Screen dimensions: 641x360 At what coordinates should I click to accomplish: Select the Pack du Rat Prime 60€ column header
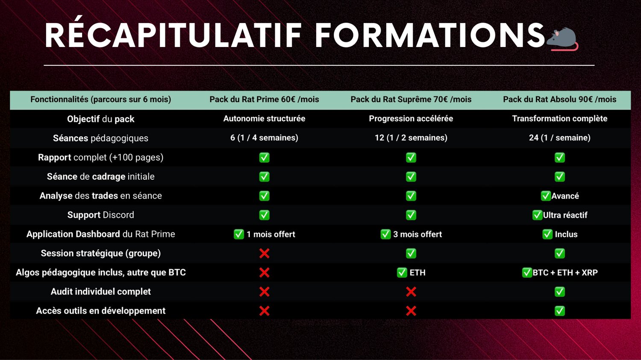(264, 100)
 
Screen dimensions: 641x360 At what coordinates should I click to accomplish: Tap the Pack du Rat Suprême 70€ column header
(411, 100)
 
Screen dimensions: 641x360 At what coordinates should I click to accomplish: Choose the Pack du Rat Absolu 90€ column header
(560, 100)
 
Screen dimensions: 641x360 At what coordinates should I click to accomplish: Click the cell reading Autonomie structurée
(264, 119)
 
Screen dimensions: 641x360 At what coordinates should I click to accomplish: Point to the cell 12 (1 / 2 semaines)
(411, 138)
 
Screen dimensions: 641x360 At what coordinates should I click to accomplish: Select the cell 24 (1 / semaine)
(560, 138)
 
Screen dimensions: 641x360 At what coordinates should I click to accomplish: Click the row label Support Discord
(100, 215)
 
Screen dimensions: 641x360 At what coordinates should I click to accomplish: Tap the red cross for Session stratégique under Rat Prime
(264, 253)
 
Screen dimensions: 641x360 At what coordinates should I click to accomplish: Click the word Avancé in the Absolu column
(565, 196)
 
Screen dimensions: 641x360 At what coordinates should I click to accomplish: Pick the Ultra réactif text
(565, 215)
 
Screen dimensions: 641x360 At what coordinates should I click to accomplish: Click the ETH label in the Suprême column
(418, 272)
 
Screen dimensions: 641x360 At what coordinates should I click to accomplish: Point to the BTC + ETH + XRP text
(565, 272)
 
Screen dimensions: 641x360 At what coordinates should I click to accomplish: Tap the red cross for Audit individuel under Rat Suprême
(411, 292)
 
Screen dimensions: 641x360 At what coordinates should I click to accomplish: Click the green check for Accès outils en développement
(560, 311)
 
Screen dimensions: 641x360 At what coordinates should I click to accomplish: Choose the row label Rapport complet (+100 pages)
(100, 158)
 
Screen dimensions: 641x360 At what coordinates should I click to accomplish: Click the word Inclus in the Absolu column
(566, 234)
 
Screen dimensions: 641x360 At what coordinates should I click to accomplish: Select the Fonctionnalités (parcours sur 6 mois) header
(100, 100)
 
